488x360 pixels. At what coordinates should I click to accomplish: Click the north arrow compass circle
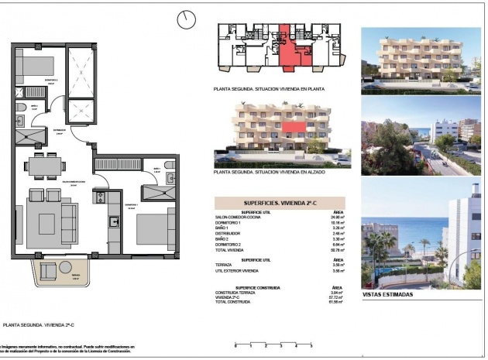(186, 19)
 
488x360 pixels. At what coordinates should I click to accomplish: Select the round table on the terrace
(49, 269)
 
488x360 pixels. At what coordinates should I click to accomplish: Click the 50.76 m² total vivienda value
(336, 250)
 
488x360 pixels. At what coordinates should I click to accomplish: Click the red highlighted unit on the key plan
(287, 49)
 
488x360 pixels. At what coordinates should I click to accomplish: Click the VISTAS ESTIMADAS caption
(388, 295)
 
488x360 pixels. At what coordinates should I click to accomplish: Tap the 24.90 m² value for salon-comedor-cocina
(336, 218)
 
